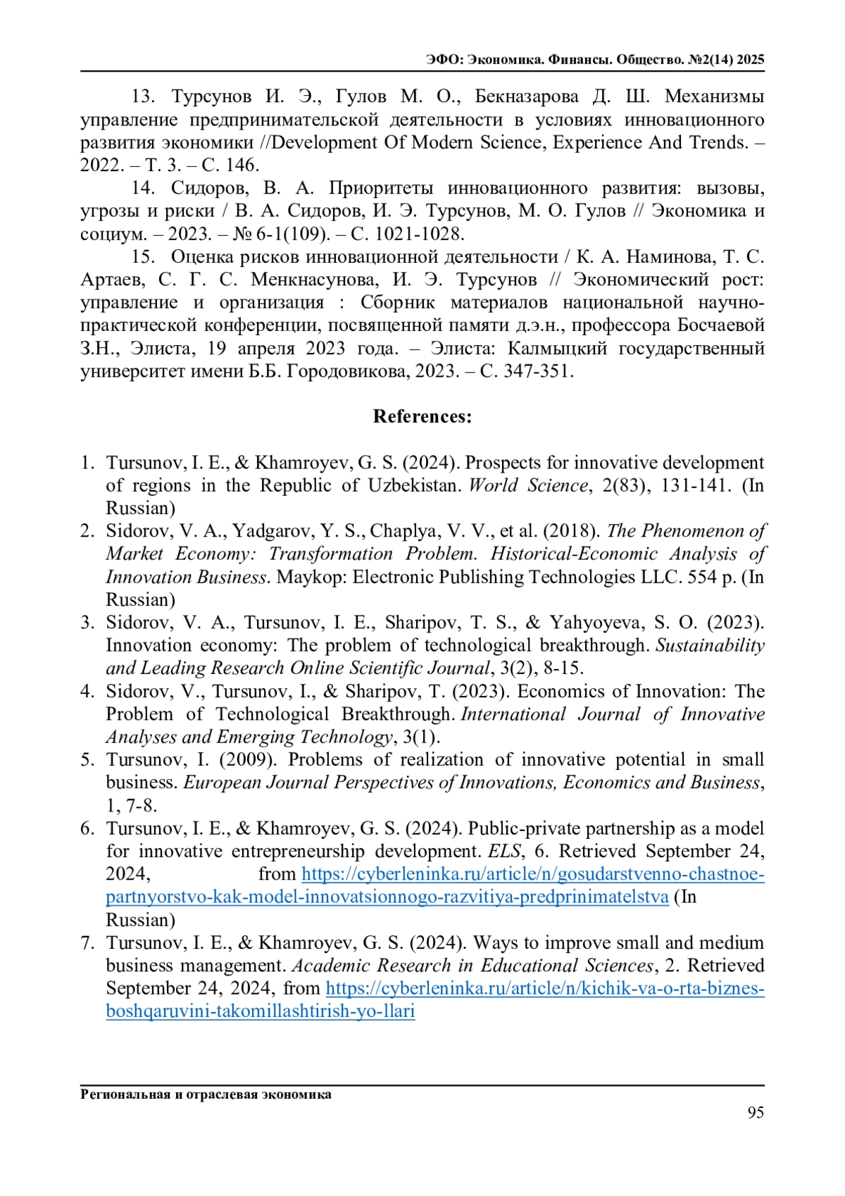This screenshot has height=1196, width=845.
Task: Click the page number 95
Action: [x=756, y=1112]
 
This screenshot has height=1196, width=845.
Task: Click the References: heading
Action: [x=423, y=416]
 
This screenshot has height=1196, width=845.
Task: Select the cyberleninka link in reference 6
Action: [x=532, y=874]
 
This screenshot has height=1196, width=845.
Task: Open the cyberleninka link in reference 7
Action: [x=544, y=988]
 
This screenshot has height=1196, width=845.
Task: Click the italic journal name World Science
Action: [x=528, y=485]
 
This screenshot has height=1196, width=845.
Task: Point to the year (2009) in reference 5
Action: [x=251, y=759]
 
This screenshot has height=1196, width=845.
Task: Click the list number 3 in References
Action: [x=87, y=623]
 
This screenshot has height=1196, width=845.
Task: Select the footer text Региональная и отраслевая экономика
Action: [x=206, y=1094]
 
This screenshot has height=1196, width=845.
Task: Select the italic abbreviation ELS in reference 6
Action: [x=504, y=851]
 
